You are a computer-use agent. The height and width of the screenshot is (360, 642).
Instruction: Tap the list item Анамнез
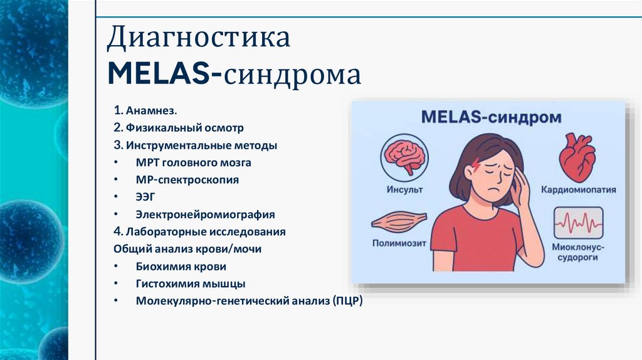pyautogui.click(x=151, y=111)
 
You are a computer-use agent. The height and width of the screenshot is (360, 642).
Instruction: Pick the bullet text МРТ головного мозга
pyautogui.click(x=194, y=162)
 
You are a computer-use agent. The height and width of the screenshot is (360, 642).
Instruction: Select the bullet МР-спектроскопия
pyautogui.click(x=187, y=179)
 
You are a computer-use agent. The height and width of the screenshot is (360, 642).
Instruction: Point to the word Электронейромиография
pyautogui.click(x=205, y=214)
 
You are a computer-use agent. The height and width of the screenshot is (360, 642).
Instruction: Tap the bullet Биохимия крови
pyautogui.click(x=181, y=266)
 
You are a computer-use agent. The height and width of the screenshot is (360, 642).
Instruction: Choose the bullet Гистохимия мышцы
pyautogui.click(x=191, y=283)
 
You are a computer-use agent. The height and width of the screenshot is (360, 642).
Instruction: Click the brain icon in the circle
pyautogui.click(x=404, y=156)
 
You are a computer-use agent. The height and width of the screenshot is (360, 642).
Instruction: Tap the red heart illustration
pyautogui.click(x=577, y=157)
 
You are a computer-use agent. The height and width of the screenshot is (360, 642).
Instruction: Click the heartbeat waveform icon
pyautogui.click(x=578, y=223)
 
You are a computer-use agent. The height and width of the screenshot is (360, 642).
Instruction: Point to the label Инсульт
pyautogui.click(x=404, y=189)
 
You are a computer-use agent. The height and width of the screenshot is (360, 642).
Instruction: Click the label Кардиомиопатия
pyautogui.click(x=579, y=189)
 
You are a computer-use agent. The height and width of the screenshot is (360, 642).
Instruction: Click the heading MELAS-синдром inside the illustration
pyautogui.click(x=491, y=117)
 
